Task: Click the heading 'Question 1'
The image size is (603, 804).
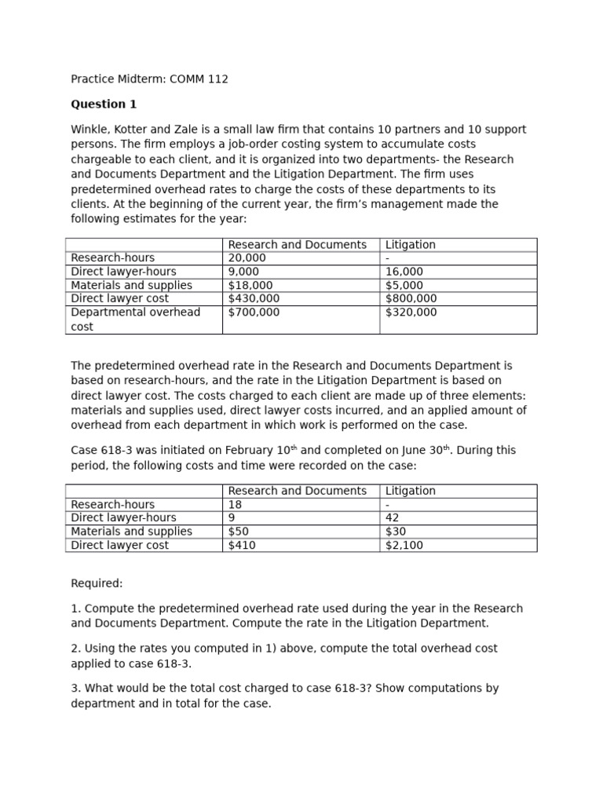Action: point(98,104)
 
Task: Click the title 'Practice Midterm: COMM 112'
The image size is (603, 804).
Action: point(149,79)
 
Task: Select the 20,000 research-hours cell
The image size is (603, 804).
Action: point(247,258)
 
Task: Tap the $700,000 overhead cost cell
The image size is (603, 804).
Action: point(253,312)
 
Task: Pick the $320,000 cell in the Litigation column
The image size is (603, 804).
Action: point(411,312)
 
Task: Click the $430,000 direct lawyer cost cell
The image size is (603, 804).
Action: point(253,299)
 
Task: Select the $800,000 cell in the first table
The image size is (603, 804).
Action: point(411,299)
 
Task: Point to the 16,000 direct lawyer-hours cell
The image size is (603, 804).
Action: point(404,272)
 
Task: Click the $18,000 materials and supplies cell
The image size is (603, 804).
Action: point(250,286)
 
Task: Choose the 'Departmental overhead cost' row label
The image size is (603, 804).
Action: point(135,319)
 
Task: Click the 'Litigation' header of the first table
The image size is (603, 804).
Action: point(410,245)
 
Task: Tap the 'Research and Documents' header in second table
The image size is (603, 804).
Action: point(297,491)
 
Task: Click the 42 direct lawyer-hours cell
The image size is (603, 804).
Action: point(392,518)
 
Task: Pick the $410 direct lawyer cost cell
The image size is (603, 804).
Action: point(242,546)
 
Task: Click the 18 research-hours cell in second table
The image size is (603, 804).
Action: point(235,505)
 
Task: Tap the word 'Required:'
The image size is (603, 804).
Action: point(97,584)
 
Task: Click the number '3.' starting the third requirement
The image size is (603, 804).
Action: point(75,689)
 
